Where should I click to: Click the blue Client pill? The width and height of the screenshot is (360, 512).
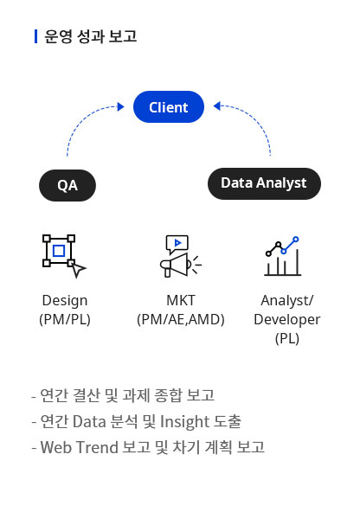(x=169, y=106)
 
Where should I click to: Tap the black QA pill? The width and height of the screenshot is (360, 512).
(x=67, y=185)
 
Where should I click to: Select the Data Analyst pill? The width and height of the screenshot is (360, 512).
(x=264, y=183)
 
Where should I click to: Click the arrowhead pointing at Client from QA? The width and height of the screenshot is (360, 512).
(x=121, y=106)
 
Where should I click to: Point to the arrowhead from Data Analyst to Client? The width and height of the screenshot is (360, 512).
(x=217, y=106)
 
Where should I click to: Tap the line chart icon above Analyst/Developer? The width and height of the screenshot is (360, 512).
(x=282, y=256)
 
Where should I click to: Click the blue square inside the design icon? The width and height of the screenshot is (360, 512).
(x=59, y=251)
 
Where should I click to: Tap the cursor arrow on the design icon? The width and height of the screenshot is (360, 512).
(x=78, y=270)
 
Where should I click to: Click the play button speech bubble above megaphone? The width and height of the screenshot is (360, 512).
(x=177, y=244)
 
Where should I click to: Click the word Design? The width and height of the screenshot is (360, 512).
(x=65, y=301)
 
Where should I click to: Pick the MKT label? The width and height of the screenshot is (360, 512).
(x=181, y=300)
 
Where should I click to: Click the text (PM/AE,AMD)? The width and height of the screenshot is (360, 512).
(x=181, y=319)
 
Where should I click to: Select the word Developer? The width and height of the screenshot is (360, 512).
(x=286, y=320)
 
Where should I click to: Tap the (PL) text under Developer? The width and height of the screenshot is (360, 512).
(x=286, y=338)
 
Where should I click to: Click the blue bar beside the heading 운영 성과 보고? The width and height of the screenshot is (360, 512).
(x=36, y=36)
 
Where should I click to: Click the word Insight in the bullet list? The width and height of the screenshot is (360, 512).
(x=184, y=422)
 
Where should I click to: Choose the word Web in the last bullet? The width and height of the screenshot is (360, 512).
(x=55, y=447)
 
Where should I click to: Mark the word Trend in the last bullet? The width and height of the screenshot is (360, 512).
(x=97, y=447)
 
